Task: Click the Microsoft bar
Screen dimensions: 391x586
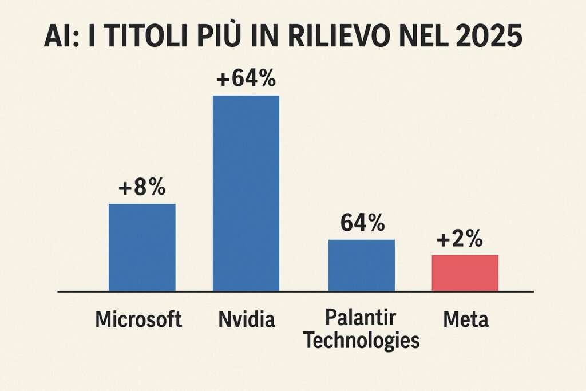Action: click(142, 247)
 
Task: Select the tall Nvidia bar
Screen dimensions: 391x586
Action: click(246, 193)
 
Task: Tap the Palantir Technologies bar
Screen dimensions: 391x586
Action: click(361, 265)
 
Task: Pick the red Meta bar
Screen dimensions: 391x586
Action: click(465, 272)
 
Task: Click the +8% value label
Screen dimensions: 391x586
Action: click(141, 188)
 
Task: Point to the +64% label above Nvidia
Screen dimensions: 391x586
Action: click(246, 79)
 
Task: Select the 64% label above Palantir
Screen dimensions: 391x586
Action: click(362, 223)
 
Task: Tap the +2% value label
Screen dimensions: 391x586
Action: click(459, 239)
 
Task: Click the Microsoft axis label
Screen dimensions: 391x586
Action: click(138, 319)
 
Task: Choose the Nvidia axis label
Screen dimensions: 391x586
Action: click(247, 319)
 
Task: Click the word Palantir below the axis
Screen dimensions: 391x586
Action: click(361, 318)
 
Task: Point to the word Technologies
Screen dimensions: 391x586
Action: click(361, 340)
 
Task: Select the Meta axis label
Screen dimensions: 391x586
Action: click(466, 319)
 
